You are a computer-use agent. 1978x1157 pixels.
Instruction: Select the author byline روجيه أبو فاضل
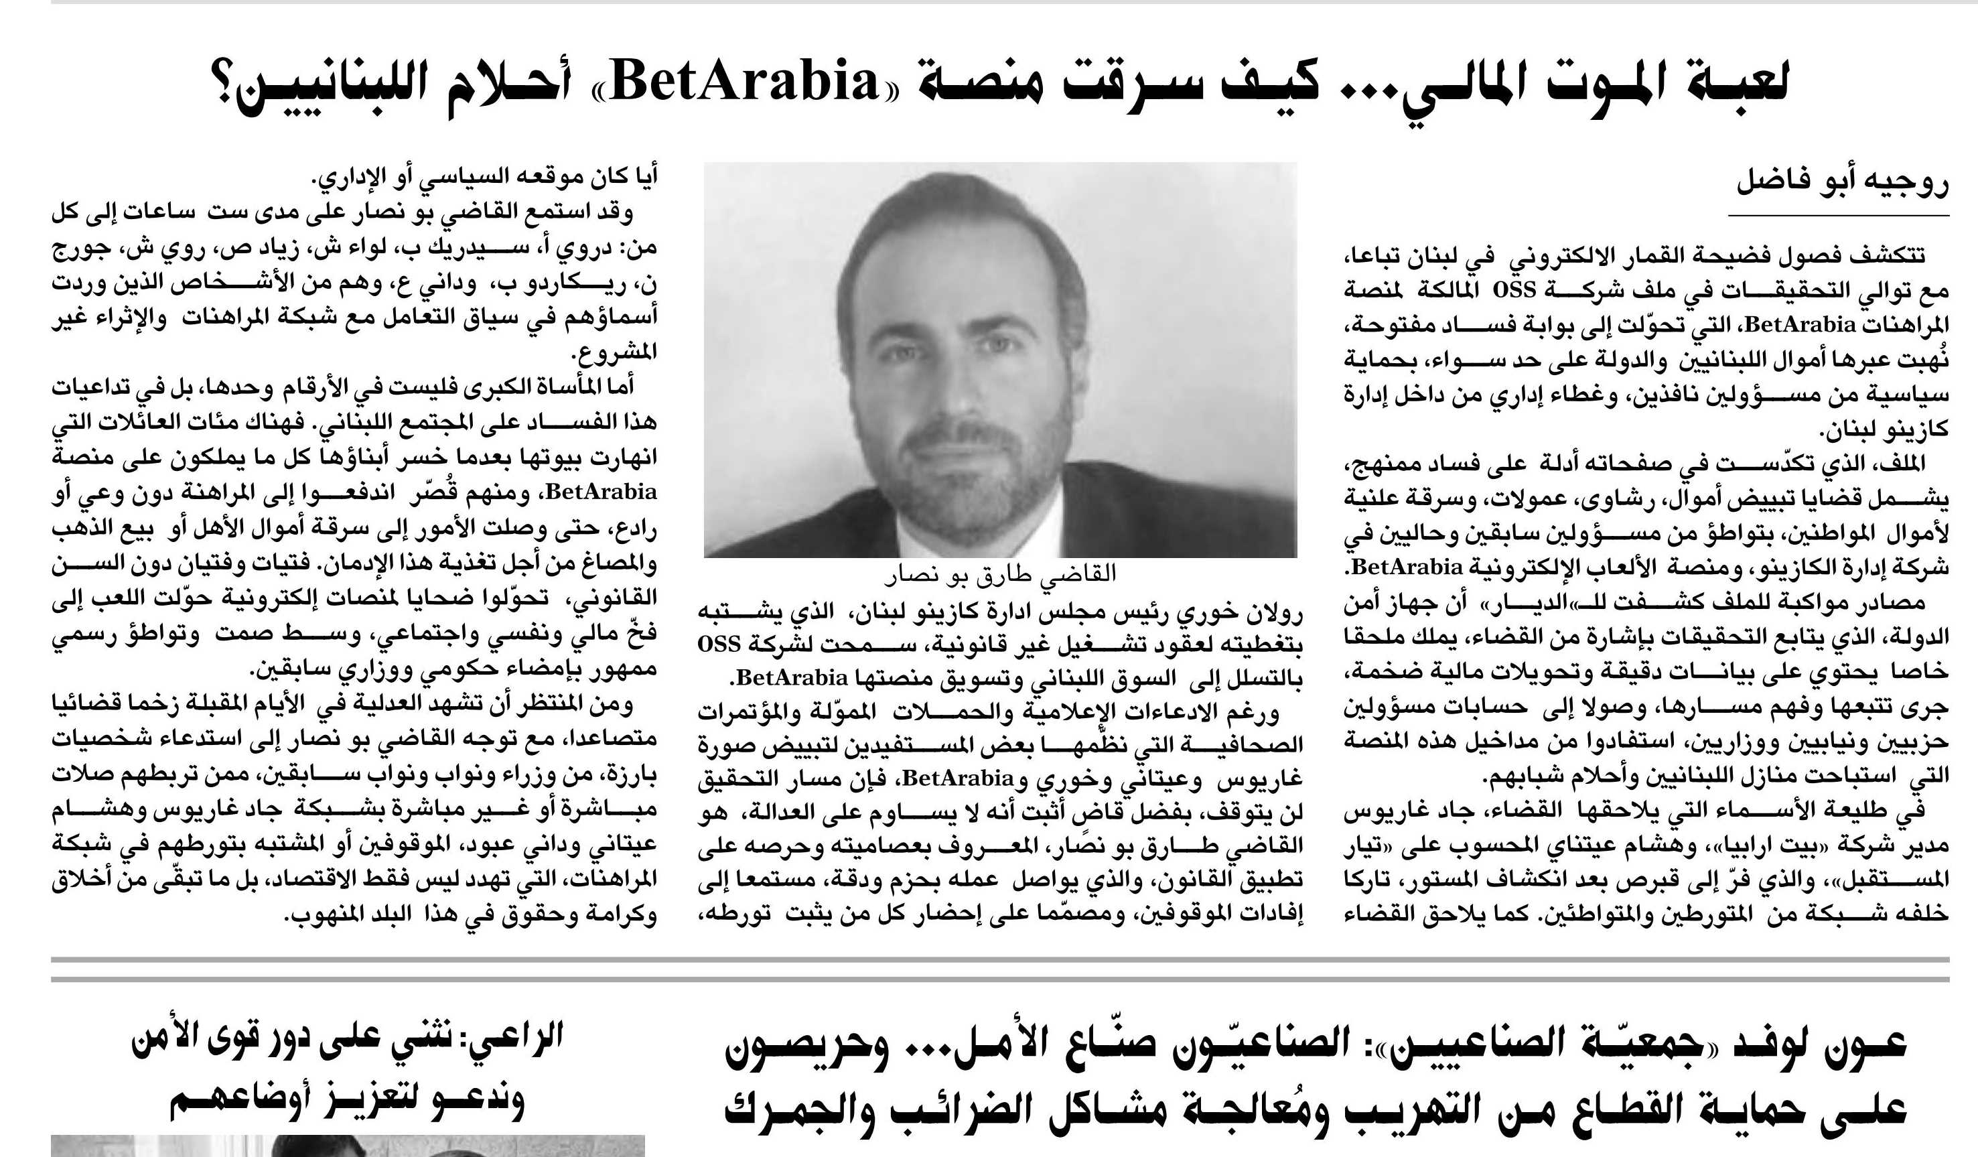(1841, 182)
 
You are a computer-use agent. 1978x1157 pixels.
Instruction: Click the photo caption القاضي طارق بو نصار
(1000, 573)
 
